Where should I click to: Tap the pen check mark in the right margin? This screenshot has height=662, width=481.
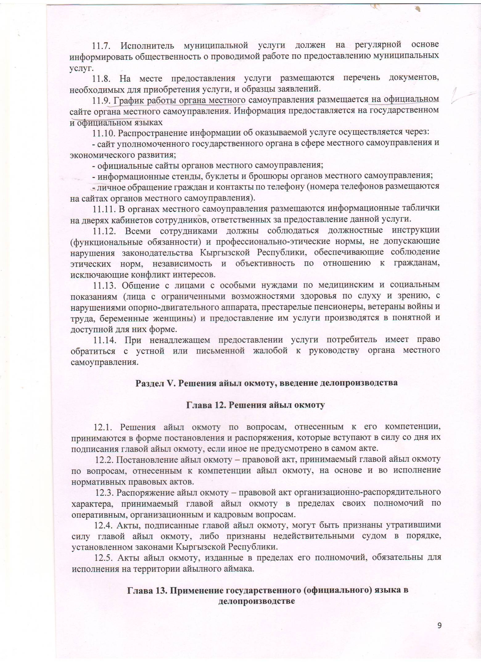pos(461,96)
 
